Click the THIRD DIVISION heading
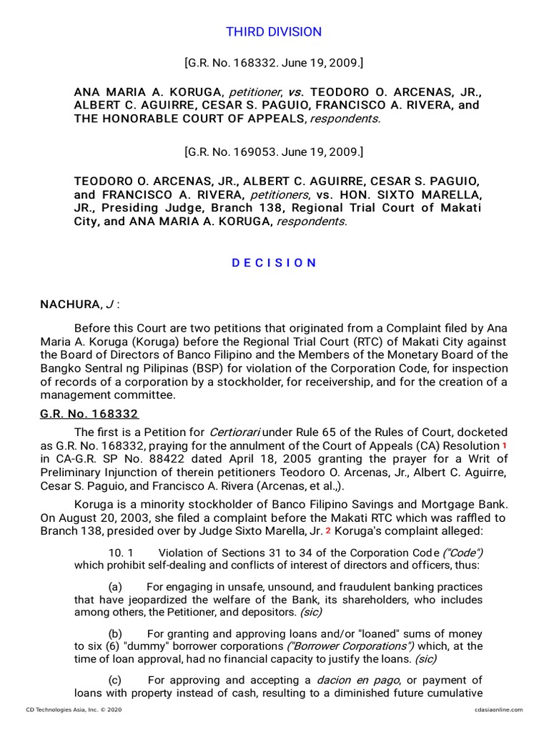[274, 32]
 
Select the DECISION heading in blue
[274, 262]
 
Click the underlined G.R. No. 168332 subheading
[89, 414]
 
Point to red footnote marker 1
[505, 445]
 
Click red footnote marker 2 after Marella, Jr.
[328, 530]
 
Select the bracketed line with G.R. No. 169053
[274, 152]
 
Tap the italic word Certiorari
[235, 432]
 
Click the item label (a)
[115, 587]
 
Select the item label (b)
[115, 634]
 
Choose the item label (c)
[115, 680]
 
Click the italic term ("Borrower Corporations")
[337, 646]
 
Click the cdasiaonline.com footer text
[498, 710]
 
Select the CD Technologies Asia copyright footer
[69, 710]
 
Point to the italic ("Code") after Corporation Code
[462, 553]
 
